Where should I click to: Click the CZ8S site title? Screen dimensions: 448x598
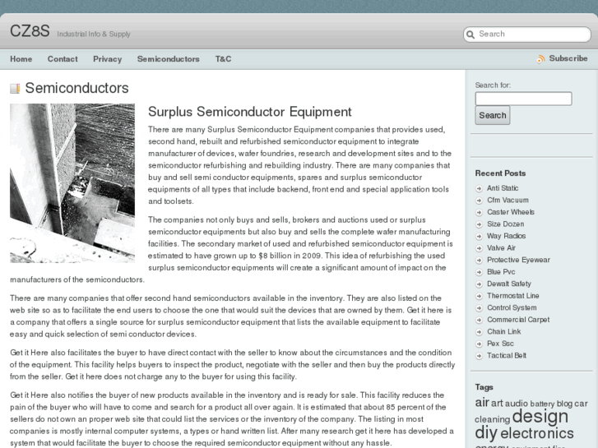[30, 31]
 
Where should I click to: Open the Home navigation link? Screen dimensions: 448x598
[21, 59]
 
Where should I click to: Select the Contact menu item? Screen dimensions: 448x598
[63, 59]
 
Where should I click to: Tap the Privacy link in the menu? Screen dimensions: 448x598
[107, 59]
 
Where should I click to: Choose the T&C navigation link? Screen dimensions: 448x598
[223, 59]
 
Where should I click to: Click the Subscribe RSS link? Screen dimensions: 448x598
[568, 58]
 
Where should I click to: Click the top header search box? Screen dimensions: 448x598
[531, 35]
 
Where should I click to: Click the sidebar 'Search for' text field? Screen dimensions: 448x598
[523, 99]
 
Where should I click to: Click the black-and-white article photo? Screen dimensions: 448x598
[72, 182]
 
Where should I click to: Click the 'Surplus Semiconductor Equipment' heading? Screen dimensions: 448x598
[249, 112]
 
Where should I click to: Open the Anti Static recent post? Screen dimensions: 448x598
[503, 188]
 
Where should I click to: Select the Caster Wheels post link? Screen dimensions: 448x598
[510, 212]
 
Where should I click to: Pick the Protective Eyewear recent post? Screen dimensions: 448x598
[518, 260]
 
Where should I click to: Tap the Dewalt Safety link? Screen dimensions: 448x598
[508, 284]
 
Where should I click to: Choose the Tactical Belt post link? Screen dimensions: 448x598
[507, 355]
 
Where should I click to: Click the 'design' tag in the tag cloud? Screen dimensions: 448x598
[540, 416]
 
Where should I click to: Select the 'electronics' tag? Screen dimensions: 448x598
[536, 433]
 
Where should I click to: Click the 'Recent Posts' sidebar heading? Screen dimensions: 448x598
[500, 173]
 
